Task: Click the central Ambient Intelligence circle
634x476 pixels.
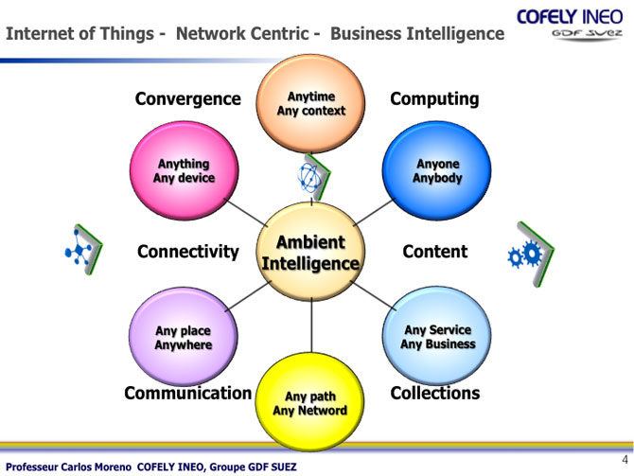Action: pyautogui.click(x=310, y=252)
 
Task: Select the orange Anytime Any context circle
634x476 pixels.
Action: pyautogui.click(x=310, y=103)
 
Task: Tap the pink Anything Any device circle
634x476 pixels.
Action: pyautogui.click(x=184, y=170)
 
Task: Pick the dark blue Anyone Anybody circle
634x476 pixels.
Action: pyautogui.click(x=436, y=170)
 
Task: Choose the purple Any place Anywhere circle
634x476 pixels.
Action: pyautogui.click(x=184, y=337)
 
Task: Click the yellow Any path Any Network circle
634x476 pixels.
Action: pyautogui.click(x=309, y=402)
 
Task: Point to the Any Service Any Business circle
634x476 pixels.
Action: pyautogui.click(x=436, y=336)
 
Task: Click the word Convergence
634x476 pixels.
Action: pyautogui.click(x=188, y=99)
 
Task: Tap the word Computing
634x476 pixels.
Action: pyautogui.click(x=434, y=99)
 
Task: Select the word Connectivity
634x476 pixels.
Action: pyautogui.click(x=188, y=252)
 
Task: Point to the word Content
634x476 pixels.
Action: pyautogui.click(x=435, y=252)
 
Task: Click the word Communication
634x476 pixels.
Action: pyautogui.click(x=188, y=393)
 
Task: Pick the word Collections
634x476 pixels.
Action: pyautogui.click(x=435, y=393)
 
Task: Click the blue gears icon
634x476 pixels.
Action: pyautogui.click(x=525, y=255)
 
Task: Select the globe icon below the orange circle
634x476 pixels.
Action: pyautogui.click(x=309, y=177)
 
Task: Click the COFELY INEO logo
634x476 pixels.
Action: pyautogui.click(x=570, y=25)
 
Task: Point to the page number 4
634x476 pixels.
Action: pyautogui.click(x=625, y=460)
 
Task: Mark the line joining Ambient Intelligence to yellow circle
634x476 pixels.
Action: pyautogui.click(x=311, y=326)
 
